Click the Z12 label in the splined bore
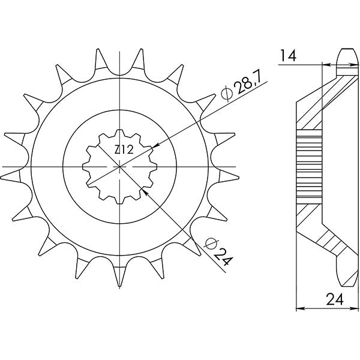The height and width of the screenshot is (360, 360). (x=123, y=151)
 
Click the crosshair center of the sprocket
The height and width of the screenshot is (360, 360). (x=120, y=166)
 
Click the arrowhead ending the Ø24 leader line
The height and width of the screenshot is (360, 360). (x=144, y=191)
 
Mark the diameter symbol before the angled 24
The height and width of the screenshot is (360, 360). (x=209, y=244)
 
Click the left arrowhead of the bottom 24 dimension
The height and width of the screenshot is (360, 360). (x=301, y=310)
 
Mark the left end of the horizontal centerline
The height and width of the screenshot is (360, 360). (x=3, y=166)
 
